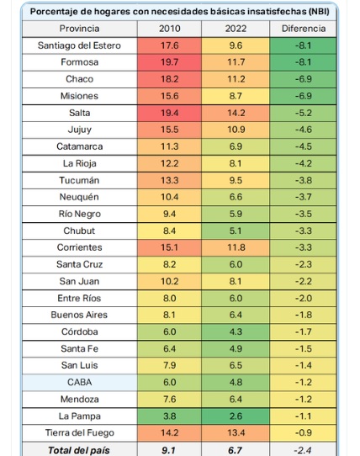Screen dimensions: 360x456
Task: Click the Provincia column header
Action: click(79, 29)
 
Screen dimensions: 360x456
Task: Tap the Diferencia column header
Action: click(304, 29)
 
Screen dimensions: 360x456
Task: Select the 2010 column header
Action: click(170, 29)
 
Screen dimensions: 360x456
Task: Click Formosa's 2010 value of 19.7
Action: click(170, 62)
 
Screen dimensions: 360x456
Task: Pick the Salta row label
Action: click(79, 113)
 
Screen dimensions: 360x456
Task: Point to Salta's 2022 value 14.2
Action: click(236, 113)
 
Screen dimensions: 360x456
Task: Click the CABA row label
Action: click(79, 382)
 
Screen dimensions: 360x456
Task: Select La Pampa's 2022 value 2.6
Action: click(236, 416)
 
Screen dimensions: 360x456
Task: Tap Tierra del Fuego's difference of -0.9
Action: click(304, 432)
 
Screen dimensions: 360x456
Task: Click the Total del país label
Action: click(79, 450)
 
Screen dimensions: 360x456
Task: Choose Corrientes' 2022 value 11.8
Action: click(236, 247)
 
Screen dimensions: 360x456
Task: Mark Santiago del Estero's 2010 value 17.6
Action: click(170, 45)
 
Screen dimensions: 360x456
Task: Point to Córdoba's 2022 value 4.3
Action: click(236, 331)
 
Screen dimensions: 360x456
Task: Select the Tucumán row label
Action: click(79, 180)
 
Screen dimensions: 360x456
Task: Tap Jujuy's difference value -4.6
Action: click(304, 130)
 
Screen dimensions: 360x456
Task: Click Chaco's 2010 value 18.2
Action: click(170, 79)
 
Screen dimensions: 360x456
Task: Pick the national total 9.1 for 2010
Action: click(169, 450)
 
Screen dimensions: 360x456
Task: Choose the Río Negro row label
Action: click(79, 214)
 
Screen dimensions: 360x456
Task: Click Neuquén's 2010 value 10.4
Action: click(170, 197)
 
